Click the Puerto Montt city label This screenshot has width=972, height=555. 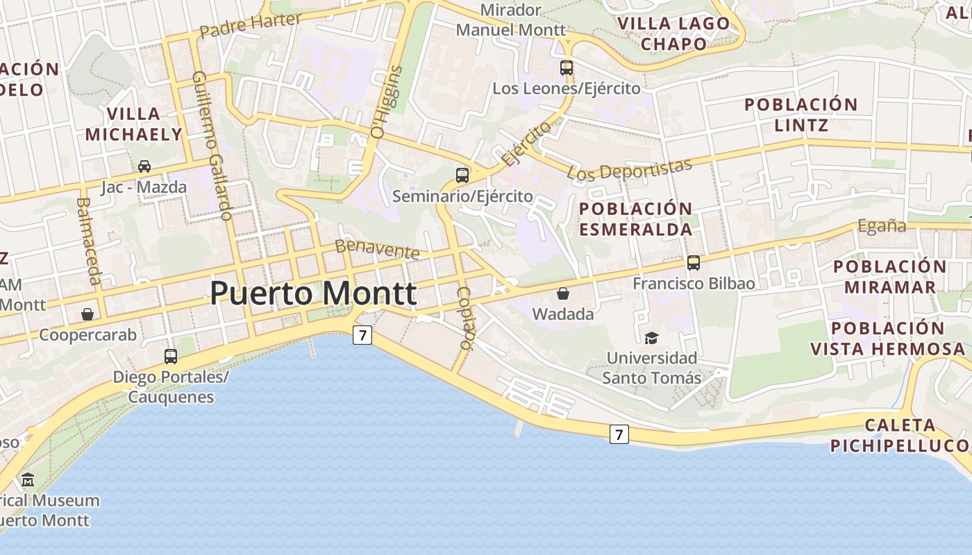point(313,293)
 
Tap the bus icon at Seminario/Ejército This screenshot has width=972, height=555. point(462,175)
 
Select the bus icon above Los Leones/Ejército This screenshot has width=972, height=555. point(567,68)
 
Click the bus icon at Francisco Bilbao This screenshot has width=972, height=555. point(694,263)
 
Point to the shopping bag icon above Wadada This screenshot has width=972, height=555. point(563,293)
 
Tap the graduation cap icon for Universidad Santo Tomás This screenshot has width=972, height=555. point(651,338)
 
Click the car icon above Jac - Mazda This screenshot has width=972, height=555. point(144,166)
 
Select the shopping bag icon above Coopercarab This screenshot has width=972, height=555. point(87,314)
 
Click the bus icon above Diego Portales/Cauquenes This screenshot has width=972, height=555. point(171,357)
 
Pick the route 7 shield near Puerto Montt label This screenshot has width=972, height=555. point(362,335)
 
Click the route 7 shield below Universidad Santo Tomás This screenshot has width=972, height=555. point(619,434)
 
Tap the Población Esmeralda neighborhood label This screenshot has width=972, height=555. point(635,219)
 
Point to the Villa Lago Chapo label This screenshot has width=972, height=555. point(673,33)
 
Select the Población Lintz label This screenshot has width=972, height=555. point(801,114)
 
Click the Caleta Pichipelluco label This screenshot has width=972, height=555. point(900,435)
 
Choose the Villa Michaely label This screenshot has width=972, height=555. point(133,123)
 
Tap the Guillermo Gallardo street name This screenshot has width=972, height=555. point(212,146)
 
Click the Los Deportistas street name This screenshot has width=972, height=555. point(630,169)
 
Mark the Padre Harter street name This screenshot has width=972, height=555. point(250,25)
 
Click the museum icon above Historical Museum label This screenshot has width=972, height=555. point(28,479)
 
